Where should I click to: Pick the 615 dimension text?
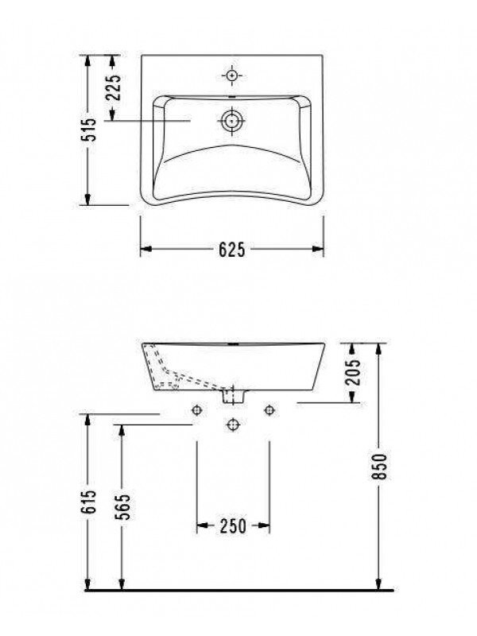pos(91,502)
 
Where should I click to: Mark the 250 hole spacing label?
pos(232,525)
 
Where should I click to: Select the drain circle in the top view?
pos(231,122)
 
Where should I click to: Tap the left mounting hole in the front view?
pos(196,409)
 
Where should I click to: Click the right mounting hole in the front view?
pos(269,409)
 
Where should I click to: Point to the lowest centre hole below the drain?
pos(232,424)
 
